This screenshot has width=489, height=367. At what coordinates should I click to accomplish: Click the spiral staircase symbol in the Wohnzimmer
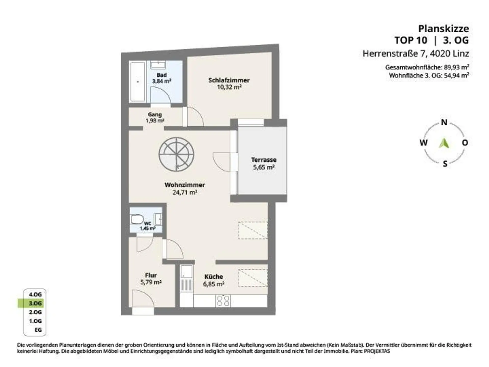tap(176, 155)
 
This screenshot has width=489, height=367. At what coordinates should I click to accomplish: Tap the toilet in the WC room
tap(137, 219)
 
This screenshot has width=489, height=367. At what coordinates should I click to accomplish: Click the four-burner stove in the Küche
tap(223, 301)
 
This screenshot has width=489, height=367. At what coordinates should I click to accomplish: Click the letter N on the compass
tap(444, 123)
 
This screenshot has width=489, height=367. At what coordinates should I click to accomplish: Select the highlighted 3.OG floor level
tap(35, 303)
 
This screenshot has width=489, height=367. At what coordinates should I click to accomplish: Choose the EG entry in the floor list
tap(38, 330)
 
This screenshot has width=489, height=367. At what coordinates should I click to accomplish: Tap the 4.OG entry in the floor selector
tap(35, 294)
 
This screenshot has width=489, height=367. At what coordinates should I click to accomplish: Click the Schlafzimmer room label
tap(229, 80)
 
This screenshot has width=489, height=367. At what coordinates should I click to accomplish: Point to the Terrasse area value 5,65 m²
tap(264, 167)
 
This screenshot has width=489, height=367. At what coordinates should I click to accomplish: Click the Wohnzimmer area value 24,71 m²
tap(185, 192)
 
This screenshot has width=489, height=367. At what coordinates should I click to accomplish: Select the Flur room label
tap(151, 275)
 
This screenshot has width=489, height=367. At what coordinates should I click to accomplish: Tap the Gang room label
tap(155, 115)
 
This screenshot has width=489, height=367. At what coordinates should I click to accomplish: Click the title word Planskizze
tap(443, 29)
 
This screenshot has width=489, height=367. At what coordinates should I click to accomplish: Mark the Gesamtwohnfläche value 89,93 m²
tap(456, 67)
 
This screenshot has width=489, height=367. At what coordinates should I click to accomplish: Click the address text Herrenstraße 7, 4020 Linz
tap(416, 54)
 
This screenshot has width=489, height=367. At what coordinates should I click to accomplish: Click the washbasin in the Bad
tap(158, 65)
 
